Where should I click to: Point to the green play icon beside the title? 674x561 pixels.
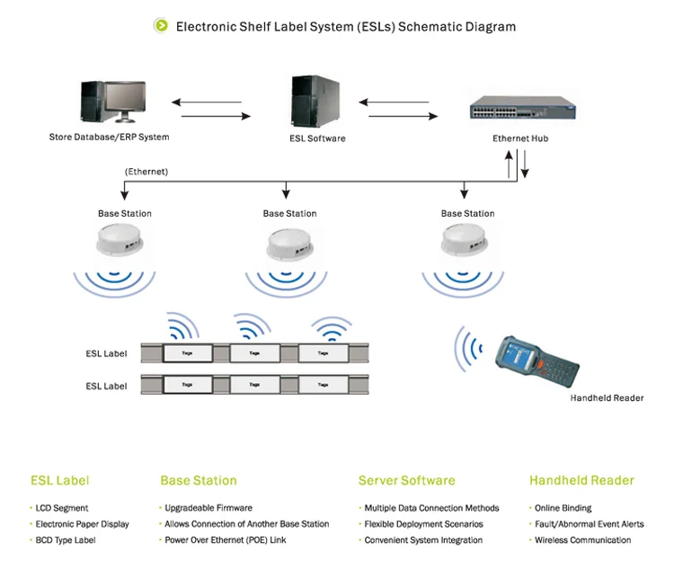tap(161, 26)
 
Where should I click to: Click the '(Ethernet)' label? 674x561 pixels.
tap(146, 171)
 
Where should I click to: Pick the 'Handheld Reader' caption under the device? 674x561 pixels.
tap(607, 397)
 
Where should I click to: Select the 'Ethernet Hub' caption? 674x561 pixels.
tap(519, 138)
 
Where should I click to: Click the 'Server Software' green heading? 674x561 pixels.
tap(406, 480)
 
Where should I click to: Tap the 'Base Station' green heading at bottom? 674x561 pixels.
tap(198, 480)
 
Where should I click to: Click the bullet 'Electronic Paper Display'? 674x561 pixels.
tap(82, 524)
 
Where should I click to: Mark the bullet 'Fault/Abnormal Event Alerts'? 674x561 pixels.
tap(589, 524)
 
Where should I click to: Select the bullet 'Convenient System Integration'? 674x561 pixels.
tap(422, 540)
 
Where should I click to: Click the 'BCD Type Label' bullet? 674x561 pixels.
tap(65, 540)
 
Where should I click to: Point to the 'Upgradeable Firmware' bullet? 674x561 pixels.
tap(208, 508)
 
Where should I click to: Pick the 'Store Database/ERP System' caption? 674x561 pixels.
tap(109, 138)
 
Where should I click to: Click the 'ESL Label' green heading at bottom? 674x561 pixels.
tap(59, 480)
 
